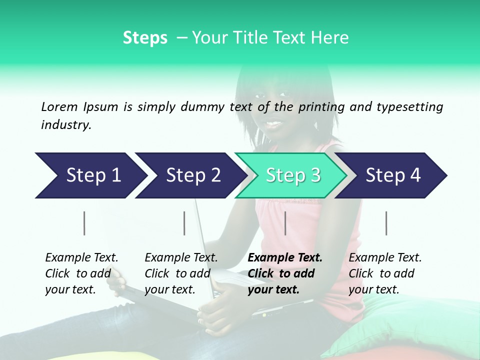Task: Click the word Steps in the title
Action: [x=145, y=37]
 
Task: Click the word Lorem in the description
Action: [x=59, y=106]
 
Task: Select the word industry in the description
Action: [x=66, y=125]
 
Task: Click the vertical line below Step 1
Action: [x=84, y=223]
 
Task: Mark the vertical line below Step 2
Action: [x=184, y=223]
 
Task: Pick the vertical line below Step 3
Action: [x=285, y=223]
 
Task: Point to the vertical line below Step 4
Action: [x=386, y=223]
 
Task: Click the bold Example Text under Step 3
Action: [x=285, y=258]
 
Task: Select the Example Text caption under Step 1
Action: [x=81, y=258]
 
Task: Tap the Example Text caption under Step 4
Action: [x=385, y=258]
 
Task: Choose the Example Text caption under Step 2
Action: [x=181, y=258]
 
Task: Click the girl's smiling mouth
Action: [x=274, y=122]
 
